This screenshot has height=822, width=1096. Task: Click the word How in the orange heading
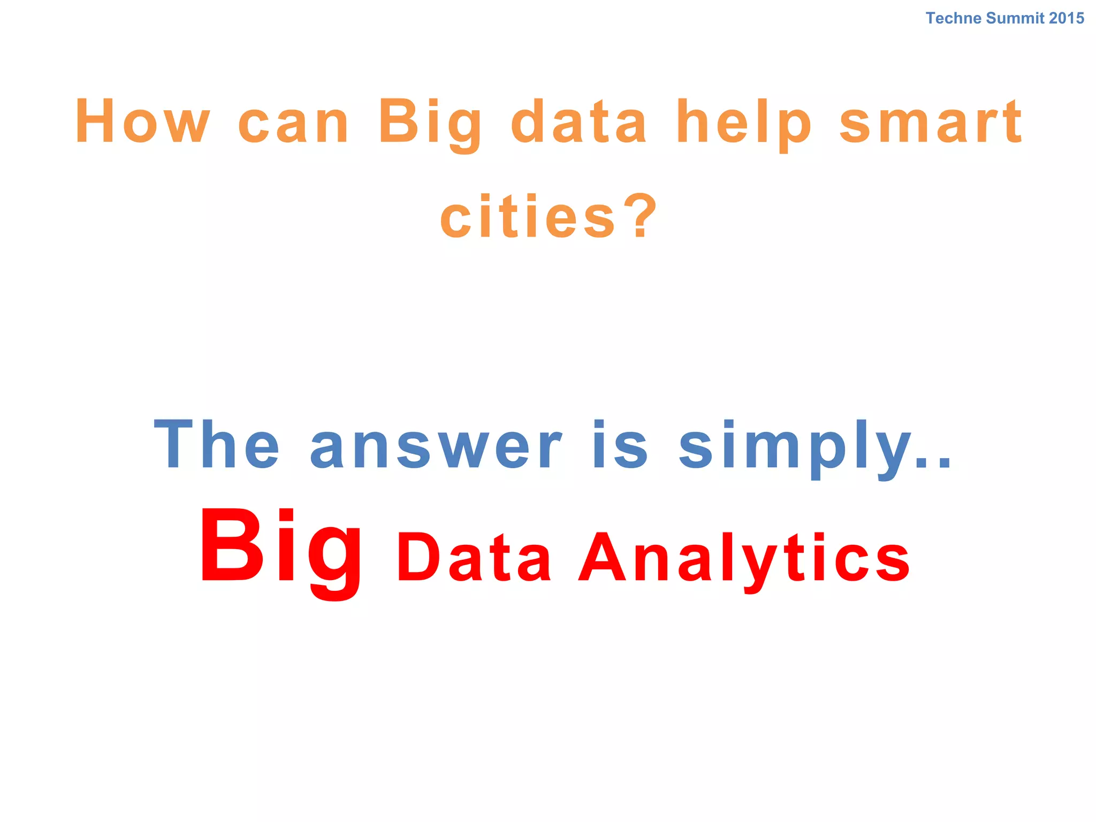(x=142, y=122)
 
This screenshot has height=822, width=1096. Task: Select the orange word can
(x=293, y=123)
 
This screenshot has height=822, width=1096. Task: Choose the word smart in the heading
(x=931, y=123)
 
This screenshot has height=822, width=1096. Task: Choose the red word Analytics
(x=744, y=559)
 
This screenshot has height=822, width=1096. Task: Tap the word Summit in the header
(x=1015, y=18)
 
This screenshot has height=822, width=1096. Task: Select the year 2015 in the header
(x=1067, y=18)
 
